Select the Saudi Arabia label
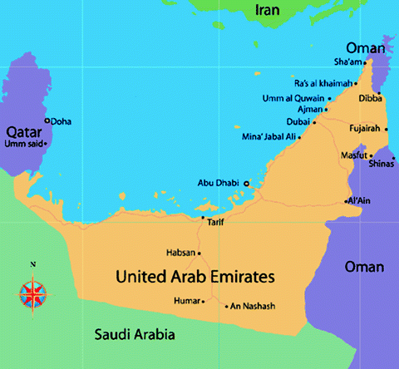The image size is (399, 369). (x=134, y=335)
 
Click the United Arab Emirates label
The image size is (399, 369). (x=197, y=275)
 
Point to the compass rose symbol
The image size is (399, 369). (x=32, y=293)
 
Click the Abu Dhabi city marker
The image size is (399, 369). (x=246, y=183)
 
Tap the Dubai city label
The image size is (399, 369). (x=298, y=121)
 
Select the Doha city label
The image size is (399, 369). (x=61, y=121)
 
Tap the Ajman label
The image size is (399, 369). (x=309, y=110)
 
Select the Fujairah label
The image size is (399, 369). (x=363, y=128)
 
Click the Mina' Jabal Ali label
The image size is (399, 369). (x=268, y=135)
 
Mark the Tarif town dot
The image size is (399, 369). (x=203, y=218)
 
